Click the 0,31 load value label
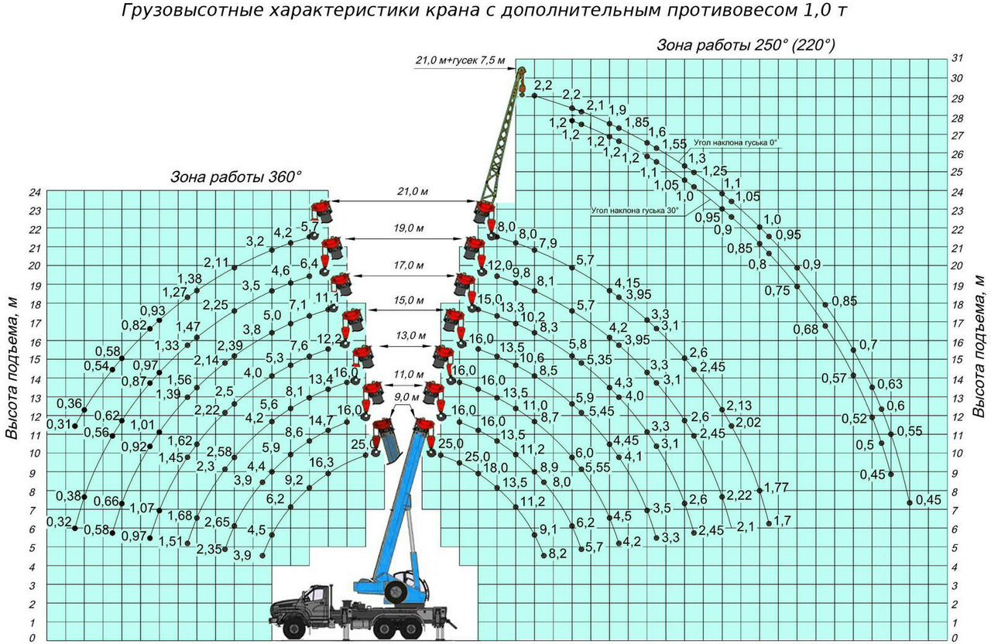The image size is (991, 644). click(x=59, y=424)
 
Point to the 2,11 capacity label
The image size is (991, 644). click(x=216, y=262)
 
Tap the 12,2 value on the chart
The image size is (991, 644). click(x=329, y=339)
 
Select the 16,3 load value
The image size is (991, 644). click(x=321, y=463)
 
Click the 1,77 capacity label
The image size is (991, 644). click(x=777, y=488)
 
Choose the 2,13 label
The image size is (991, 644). click(x=739, y=405)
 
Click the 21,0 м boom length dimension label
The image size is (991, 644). click(x=413, y=191)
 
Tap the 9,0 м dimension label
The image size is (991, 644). click(x=406, y=397)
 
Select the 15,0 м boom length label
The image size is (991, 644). click(x=409, y=300)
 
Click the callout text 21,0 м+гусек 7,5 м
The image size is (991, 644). click(x=460, y=60)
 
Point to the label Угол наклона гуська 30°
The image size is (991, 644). click(x=635, y=210)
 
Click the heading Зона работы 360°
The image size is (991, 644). click(x=236, y=177)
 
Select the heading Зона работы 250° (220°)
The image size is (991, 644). click(x=746, y=45)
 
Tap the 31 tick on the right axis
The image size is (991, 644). click(x=957, y=58)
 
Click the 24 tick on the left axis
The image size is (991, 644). click(x=35, y=193)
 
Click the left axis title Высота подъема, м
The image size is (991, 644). click(x=12, y=367)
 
